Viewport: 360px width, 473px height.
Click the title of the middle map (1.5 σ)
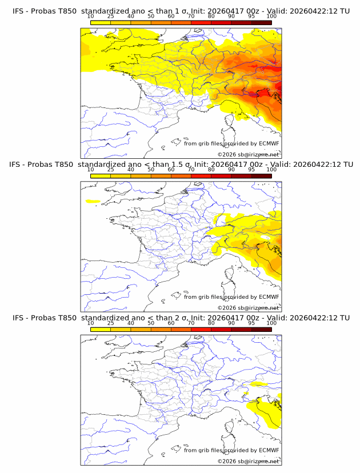click(x=180, y=165)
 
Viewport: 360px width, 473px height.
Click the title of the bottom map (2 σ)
click(x=180, y=318)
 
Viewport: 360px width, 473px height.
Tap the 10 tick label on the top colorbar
click(x=91, y=17)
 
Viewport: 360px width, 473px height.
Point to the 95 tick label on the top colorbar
click(x=251, y=17)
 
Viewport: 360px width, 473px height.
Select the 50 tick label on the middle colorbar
click(x=151, y=170)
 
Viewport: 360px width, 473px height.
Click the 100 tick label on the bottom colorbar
click(x=271, y=323)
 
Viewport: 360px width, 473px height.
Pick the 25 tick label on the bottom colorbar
click(x=111, y=323)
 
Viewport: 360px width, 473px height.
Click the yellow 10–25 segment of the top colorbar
click(x=101, y=22)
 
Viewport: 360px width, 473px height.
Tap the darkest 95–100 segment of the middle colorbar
click(x=262, y=176)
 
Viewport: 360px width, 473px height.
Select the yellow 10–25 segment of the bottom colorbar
click(x=101, y=330)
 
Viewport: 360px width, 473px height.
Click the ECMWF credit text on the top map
click(x=231, y=143)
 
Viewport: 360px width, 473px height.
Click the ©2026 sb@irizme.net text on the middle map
click(x=248, y=307)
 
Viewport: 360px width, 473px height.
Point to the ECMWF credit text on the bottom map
click(x=231, y=450)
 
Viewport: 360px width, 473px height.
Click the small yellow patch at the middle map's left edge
click(x=92, y=201)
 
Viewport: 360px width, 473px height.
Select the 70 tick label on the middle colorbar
click(x=191, y=170)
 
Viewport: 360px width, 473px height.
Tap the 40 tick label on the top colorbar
click(x=131, y=17)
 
